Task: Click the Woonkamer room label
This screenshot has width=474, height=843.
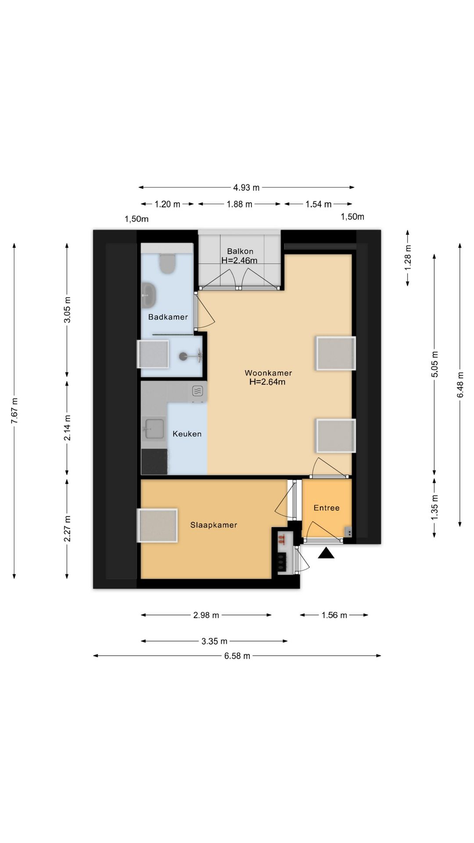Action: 268,373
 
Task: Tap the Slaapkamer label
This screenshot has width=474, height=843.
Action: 214,525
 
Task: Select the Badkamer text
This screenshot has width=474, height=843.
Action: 168,317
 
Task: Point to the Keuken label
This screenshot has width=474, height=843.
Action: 187,434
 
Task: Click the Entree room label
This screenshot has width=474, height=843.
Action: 327,508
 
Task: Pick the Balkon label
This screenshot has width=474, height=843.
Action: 240,251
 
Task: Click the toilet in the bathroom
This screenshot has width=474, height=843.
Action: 166,263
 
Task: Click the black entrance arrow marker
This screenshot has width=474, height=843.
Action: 326,553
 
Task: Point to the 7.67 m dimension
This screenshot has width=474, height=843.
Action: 14,411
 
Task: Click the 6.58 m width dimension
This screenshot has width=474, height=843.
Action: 237,656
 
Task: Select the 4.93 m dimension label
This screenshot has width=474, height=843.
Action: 246,187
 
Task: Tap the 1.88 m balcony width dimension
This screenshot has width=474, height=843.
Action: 240,204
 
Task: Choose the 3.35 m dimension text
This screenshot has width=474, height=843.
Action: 215,641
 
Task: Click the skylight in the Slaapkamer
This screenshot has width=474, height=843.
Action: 158,525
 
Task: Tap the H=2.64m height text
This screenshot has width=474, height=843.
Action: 267,382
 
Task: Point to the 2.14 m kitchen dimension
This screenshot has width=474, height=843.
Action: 67,428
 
